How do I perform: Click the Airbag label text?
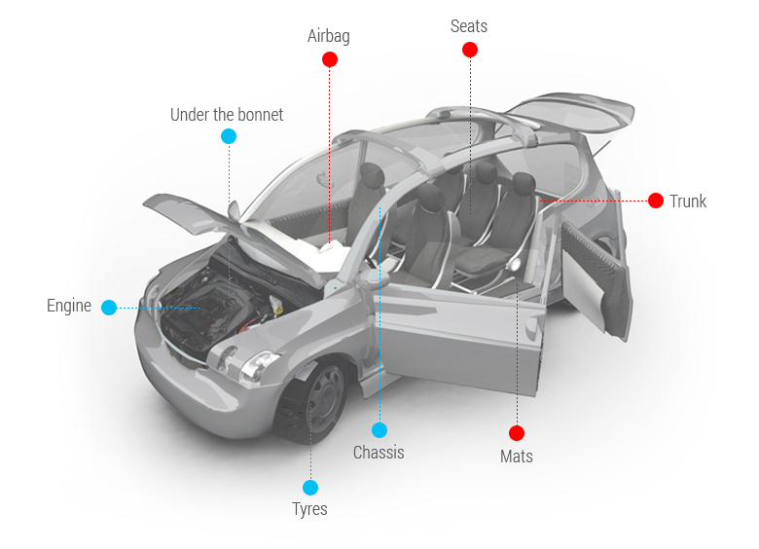329,37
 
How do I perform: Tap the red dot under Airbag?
330,59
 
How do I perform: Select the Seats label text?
469,26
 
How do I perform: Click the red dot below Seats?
470,49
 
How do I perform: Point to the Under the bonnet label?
227,115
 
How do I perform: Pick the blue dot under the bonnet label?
229,136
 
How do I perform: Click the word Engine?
69,306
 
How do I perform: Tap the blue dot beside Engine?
109,308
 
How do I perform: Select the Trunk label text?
688,201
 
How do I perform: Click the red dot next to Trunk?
656,201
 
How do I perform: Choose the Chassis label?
379,453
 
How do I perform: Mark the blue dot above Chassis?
379,430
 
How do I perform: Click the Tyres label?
309,509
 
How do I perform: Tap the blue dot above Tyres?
310,487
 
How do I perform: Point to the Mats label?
517,456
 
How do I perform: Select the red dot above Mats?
517,433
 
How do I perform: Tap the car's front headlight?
259,365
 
